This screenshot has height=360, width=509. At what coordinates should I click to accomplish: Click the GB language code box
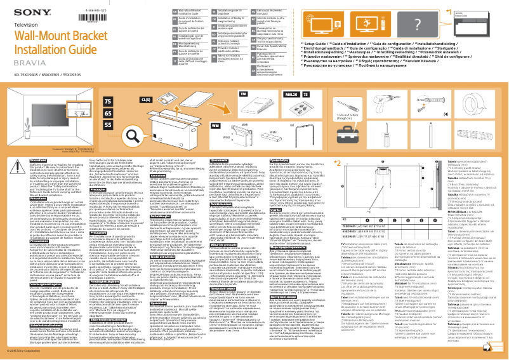[x=157, y=11]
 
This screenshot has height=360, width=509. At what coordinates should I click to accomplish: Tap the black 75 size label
[x=109, y=102]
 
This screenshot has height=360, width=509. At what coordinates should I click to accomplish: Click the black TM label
[x=242, y=93]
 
